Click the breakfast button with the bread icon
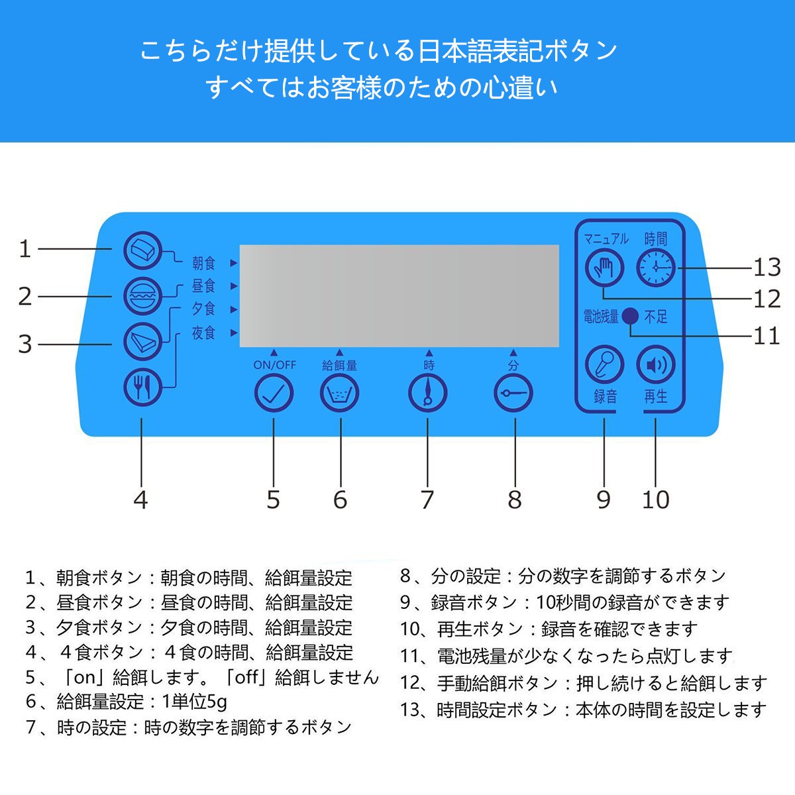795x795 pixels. click(142, 250)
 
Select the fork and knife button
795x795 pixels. click(142, 386)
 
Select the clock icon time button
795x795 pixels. click(655, 267)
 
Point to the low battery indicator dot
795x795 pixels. click(631, 317)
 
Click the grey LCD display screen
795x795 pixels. click(399, 295)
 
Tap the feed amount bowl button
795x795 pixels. click(340, 394)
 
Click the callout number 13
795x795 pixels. click(767, 268)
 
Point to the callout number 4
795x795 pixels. click(140, 500)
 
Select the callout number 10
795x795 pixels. click(655, 500)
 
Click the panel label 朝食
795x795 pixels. click(203, 263)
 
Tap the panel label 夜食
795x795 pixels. click(203, 333)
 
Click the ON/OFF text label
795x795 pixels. click(274, 365)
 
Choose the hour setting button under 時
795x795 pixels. click(427, 394)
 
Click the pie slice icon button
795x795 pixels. click(142, 341)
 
